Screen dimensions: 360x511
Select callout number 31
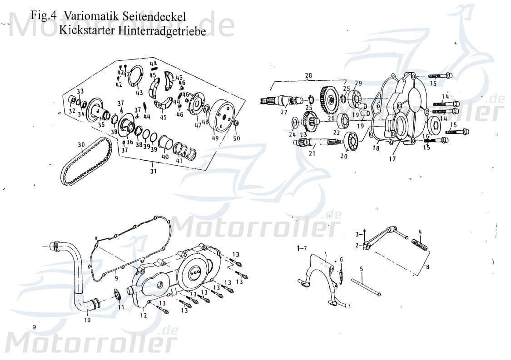[x=154, y=172]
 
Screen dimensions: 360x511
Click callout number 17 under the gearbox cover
[x=392, y=159]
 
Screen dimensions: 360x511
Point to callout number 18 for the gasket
[x=376, y=148]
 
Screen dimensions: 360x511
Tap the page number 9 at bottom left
[x=35, y=327]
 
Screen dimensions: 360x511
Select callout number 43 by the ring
[x=139, y=93]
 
